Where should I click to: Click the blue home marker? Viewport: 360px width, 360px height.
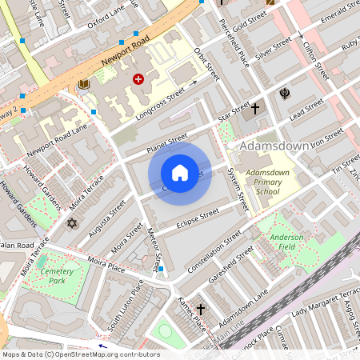[180, 173]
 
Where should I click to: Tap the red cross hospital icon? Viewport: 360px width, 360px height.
[138, 79]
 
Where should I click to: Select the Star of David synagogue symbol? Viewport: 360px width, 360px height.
[72, 223]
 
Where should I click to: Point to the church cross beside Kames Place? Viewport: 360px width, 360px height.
[200, 309]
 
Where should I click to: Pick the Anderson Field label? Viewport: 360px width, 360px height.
[286, 242]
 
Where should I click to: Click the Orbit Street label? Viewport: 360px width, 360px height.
[206, 63]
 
